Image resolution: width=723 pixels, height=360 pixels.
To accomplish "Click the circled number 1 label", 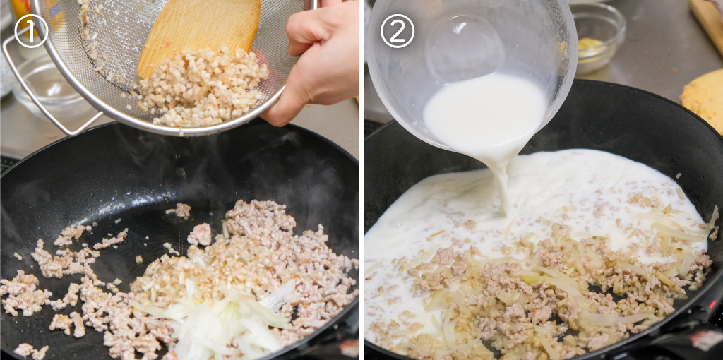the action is (31, 31).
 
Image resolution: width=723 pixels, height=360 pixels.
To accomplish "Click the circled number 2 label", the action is (397, 31).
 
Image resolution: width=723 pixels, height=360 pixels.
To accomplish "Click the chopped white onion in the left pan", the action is (217, 318).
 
